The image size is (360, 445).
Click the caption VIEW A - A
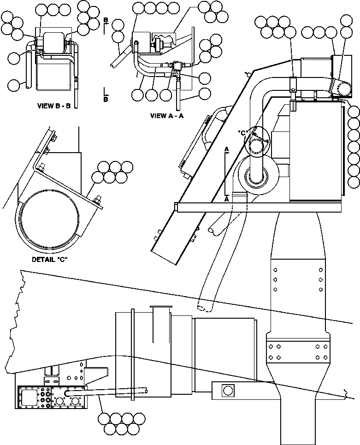(x=167, y=116)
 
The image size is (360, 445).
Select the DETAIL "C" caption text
(x=50, y=259)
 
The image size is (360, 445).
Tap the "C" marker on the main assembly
(x=243, y=133)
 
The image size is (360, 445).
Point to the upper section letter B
(x=106, y=20)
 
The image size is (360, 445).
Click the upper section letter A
(x=226, y=149)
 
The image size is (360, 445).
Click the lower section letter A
(x=226, y=200)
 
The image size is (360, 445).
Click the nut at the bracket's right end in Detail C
(x=97, y=200)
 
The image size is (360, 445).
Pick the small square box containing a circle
(x=227, y=391)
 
